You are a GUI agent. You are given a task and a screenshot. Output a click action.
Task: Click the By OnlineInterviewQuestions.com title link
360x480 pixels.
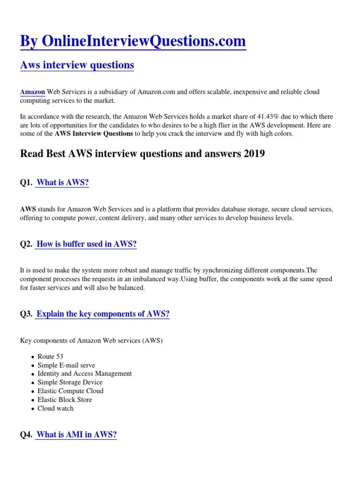(133, 41)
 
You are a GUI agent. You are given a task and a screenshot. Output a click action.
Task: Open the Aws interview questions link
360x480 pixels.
(77, 65)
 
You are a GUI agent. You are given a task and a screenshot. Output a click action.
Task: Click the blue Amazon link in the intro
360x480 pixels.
(33, 92)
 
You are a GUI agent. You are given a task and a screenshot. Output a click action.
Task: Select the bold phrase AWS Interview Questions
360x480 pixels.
(94, 134)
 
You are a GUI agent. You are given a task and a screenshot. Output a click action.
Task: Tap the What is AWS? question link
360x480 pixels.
(62, 183)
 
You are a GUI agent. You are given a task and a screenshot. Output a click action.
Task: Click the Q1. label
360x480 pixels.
(26, 183)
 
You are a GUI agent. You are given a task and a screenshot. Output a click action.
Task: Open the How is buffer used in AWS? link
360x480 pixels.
(86, 244)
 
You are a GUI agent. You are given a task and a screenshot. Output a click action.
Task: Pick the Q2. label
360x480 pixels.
(26, 244)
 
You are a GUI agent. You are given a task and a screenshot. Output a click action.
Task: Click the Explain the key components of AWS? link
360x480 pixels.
(103, 314)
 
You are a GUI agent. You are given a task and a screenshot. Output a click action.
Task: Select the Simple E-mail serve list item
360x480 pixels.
(66, 365)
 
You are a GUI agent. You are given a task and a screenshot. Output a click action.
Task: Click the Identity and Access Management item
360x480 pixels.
(84, 374)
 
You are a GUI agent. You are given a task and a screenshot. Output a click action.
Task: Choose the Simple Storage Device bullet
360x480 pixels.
(70, 382)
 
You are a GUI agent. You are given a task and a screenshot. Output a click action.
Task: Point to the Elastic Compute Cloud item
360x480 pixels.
(70, 391)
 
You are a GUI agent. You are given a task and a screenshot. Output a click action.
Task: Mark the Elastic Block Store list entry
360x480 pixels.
(65, 400)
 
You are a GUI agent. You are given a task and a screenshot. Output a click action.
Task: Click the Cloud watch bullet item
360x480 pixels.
(55, 408)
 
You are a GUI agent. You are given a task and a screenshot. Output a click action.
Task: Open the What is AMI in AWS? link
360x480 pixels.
(76, 435)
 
